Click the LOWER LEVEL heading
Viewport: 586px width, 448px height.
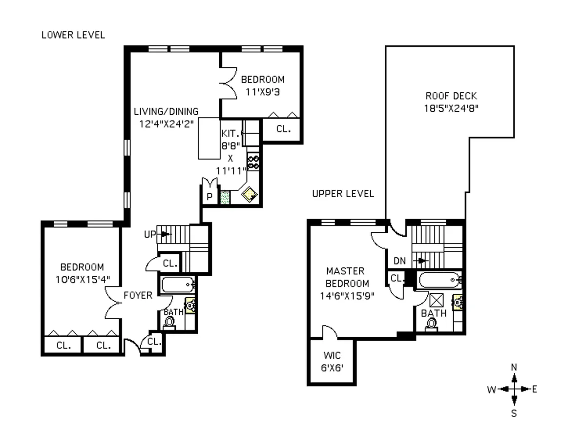click(x=73, y=35)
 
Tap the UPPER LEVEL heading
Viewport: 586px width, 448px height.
click(x=343, y=194)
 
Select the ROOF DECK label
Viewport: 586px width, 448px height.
click(x=451, y=96)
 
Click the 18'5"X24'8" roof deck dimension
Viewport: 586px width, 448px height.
click(x=451, y=108)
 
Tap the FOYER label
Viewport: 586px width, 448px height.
click(x=138, y=295)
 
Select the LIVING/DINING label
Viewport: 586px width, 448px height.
click(x=166, y=112)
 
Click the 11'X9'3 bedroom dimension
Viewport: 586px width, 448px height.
click(x=263, y=91)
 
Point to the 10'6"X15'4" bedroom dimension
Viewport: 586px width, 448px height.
click(x=82, y=279)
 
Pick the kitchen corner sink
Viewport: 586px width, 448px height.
click(x=250, y=196)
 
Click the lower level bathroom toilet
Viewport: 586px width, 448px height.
click(x=169, y=322)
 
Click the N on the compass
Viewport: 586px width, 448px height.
click(x=514, y=367)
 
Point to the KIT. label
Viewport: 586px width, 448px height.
click(x=229, y=133)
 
